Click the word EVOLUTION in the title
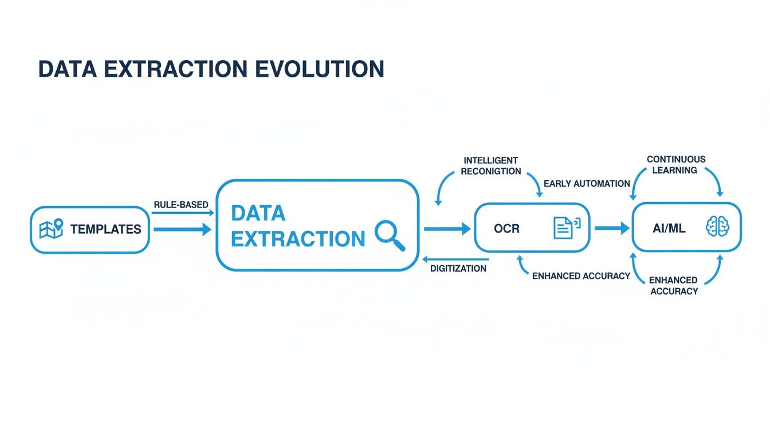point(320,69)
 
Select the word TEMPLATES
point(105,230)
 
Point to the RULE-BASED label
point(181,205)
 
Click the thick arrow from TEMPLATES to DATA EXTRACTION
point(182,230)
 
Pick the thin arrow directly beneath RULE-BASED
point(182,213)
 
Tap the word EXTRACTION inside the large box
point(297,239)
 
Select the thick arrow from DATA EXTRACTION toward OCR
point(447,229)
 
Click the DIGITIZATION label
point(458,268)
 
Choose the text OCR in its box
point(506,229)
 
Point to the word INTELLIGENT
point(491,160)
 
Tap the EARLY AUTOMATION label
point(587,184)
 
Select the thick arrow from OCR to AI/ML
point(611,229)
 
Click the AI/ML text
point(669,229)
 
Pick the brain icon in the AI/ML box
point(717,227)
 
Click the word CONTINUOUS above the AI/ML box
point(676,159)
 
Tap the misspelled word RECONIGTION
point(491,171)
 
